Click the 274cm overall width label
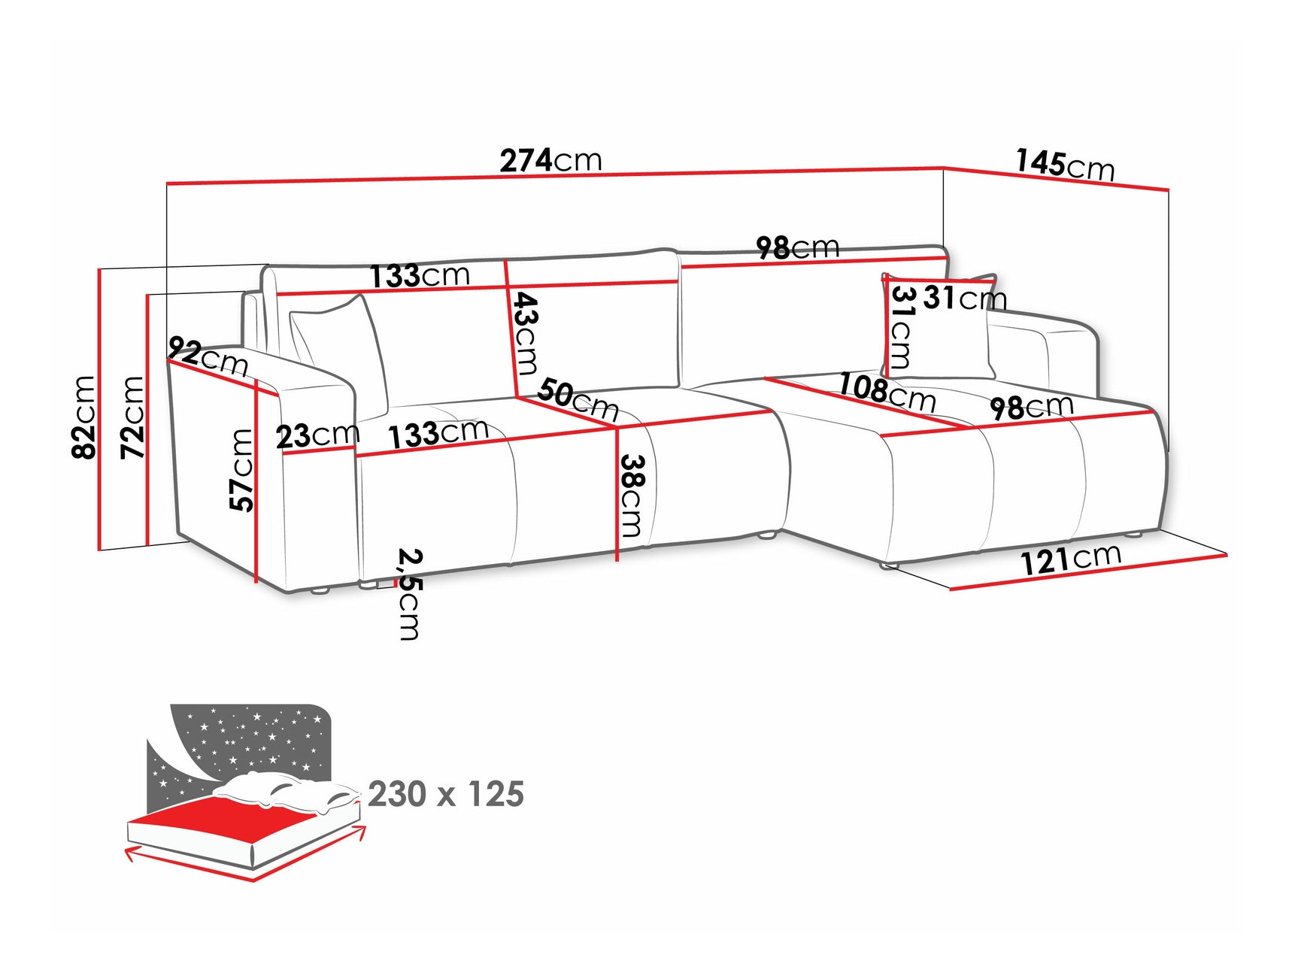click(x=550, y=160)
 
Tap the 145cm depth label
click(x=1064, y=165)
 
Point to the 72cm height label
click(x=132, y=417)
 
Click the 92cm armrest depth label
click(x=208, y=356)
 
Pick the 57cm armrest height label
click(x=241, y=470)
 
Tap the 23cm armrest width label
click(x=317, y=435)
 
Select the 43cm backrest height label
click(x=525, y=333)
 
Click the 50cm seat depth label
click(x=578, y=399)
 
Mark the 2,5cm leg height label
click(x=409, y=594)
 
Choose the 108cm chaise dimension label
click(x=887, y=392)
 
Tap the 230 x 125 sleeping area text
click(x=446, y=794)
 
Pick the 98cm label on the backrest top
click(x=797, y=247)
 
